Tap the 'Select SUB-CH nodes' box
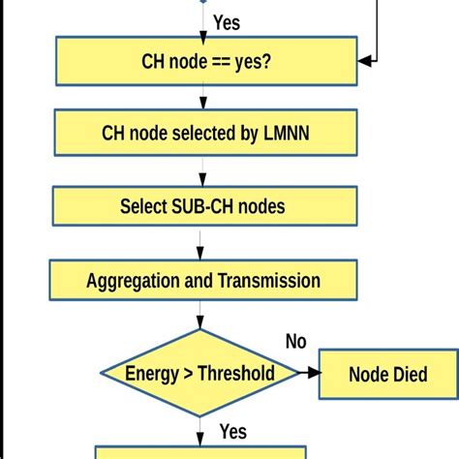point(203,206)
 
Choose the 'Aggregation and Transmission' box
point(203,281)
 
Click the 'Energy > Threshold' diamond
point(200,373)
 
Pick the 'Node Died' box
point(387,374)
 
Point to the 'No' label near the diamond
point(296,341)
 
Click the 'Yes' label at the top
point(226,21)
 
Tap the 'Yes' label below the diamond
point(232,431)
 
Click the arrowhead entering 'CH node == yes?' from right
point(365,61)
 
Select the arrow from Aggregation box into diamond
point(201,315)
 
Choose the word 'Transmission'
point(268,281)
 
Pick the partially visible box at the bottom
point(200,452)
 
